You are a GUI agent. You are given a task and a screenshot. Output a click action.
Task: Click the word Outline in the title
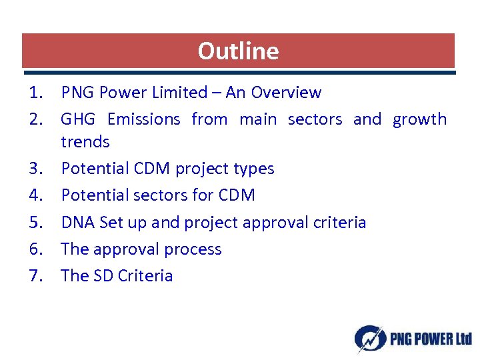[238, 51]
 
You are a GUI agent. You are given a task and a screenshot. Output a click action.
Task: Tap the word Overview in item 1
[291, 93]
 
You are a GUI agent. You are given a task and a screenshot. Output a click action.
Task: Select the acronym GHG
[78, 119]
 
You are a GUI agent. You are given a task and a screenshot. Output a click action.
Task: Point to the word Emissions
[143, 119]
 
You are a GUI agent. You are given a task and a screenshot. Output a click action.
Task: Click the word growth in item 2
[419, 120]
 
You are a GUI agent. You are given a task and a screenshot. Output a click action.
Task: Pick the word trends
[85, 141]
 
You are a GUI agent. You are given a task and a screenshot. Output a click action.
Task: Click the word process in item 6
[194, 249]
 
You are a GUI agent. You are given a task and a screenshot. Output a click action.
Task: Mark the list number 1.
[37, 93]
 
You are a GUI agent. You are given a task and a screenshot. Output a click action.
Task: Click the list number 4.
[37, 195]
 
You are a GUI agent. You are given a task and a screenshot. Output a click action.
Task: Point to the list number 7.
[37, 276]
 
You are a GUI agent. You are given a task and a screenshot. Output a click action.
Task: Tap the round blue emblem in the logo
[369, 339]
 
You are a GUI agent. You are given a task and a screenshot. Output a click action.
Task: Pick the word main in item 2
[257, 119]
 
